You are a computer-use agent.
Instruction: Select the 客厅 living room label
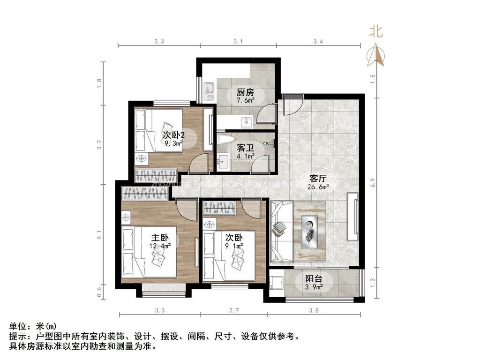click(x=318, y=179)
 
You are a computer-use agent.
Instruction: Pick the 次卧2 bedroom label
click(x=173, y=135)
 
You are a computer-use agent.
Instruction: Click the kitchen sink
click(x=210, y=88)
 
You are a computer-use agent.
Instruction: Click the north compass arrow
click(x=375, y=55)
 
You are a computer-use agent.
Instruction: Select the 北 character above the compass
click(x=376, y=32)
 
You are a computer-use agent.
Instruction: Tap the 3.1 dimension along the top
click(x=238, y=42)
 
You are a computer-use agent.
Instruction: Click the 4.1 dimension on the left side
click(x=99, y=234)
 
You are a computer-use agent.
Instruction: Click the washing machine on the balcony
click(x=276, y=283)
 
